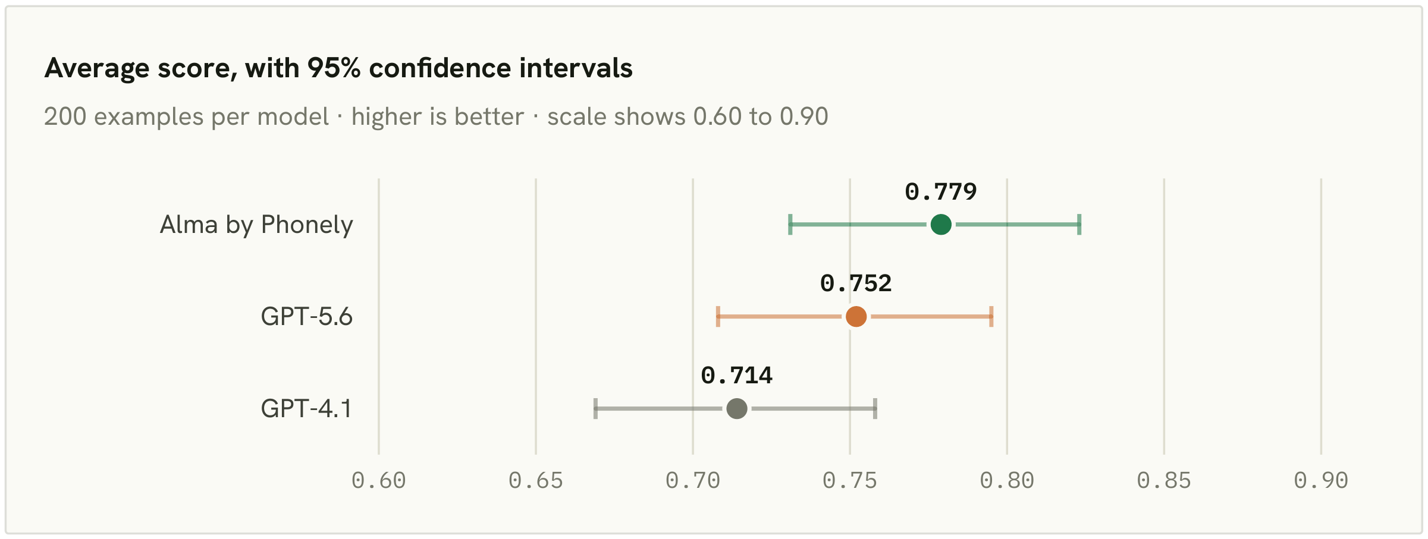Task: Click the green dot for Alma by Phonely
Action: tap(941, 225)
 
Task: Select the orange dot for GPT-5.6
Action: tap(856, 317)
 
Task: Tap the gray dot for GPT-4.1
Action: tap(737, 409)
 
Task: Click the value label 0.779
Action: tap(941, 191)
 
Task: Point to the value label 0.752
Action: tap(856, 283)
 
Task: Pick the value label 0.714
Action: tap(737, 376)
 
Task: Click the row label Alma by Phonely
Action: tap(256, 225)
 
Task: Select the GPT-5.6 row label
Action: tap(307, 317)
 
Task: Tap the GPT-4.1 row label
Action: tap(306, 409)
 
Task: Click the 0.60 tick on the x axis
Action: tap(379, 481)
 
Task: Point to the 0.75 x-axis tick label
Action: tap(850, 481)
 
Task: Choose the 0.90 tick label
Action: tap(1321, 481)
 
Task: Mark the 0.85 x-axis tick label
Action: tap(1164, 481)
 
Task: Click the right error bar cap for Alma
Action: tap(1079, 225)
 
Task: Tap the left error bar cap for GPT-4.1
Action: tap(595, 409)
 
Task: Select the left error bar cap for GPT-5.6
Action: tap(718, 317)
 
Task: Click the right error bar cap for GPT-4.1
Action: tap(875, 409)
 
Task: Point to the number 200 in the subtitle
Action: tap(65, 117)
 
